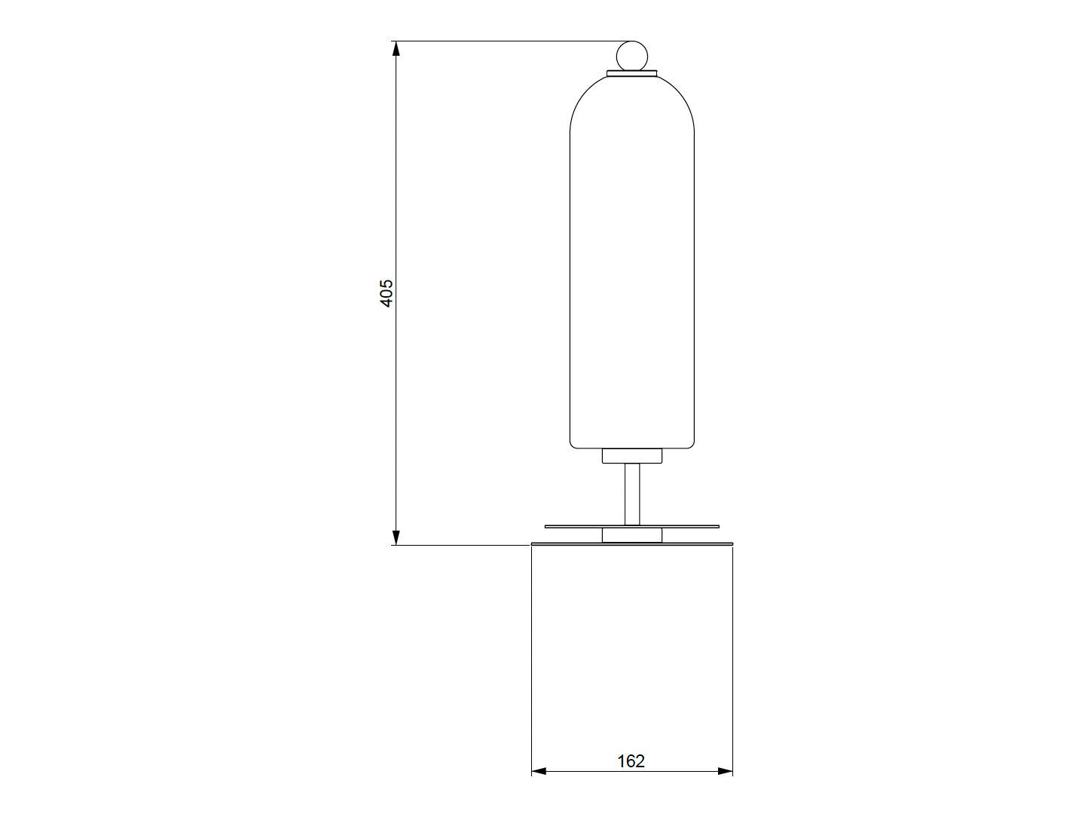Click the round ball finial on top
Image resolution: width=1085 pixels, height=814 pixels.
[x=631, y=56]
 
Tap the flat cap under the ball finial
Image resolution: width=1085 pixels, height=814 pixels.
[x=631, y=73]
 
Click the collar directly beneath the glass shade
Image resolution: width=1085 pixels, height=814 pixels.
[x=631, y=456]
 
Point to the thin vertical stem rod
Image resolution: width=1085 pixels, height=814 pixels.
[x=631, y=494]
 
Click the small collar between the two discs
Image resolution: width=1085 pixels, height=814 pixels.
[x=631, y=534]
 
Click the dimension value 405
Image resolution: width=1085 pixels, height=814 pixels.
[x=386, y=292]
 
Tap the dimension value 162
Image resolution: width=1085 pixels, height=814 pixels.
[x=631, y=761]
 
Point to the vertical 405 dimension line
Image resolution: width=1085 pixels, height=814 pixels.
[x=395, y=188]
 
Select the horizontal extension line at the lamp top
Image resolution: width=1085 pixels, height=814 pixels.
[x=505, y=41]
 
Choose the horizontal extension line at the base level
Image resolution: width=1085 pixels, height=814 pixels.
[x=460, y=545]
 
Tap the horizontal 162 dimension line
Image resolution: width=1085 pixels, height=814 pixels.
[x=588, y=771]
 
